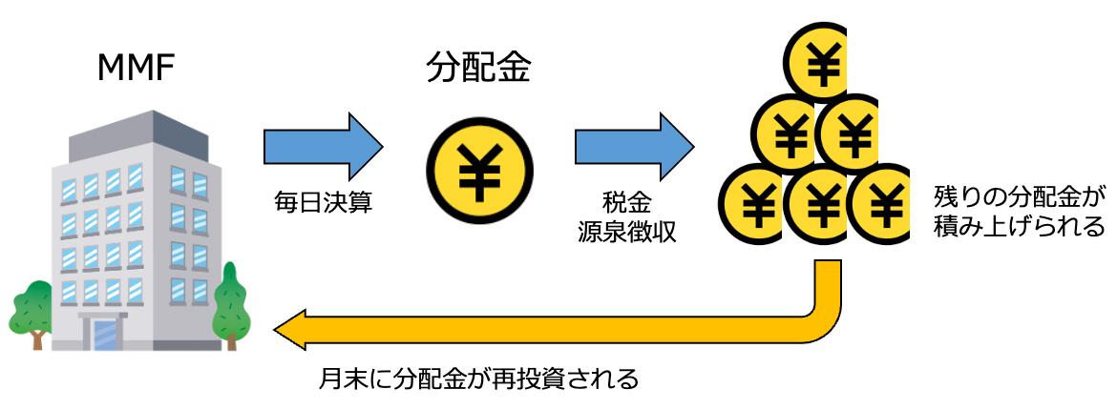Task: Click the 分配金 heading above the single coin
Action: (x=477, y=69)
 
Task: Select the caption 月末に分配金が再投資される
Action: (x=477, y=379)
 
